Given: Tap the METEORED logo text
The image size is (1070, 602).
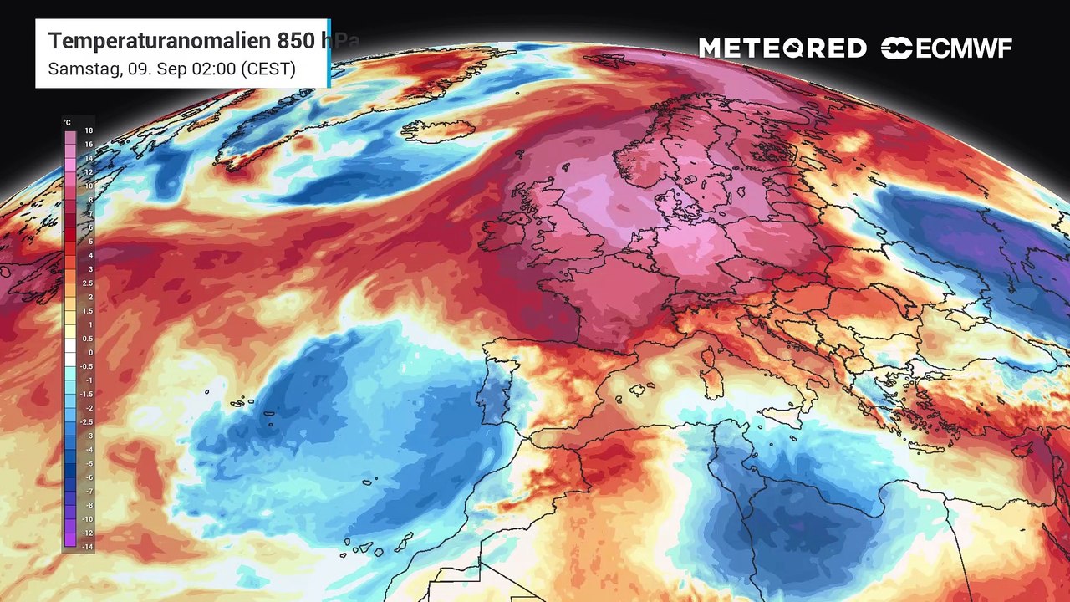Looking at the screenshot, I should (x=782, y=48).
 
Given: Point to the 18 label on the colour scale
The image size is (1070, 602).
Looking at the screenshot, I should (x=88, y=131).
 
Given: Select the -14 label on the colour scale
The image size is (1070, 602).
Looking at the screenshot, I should (x=88, y=544).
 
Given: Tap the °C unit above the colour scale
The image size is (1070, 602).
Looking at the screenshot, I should (x=67, y=122).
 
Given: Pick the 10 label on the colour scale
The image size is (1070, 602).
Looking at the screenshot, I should (x=88, y=186).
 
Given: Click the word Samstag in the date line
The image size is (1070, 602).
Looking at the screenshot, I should (x=79, y=69).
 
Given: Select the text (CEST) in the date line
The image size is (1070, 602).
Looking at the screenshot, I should (x=267, y=69).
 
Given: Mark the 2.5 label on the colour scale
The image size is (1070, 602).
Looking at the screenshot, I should (x=88, y=283).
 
